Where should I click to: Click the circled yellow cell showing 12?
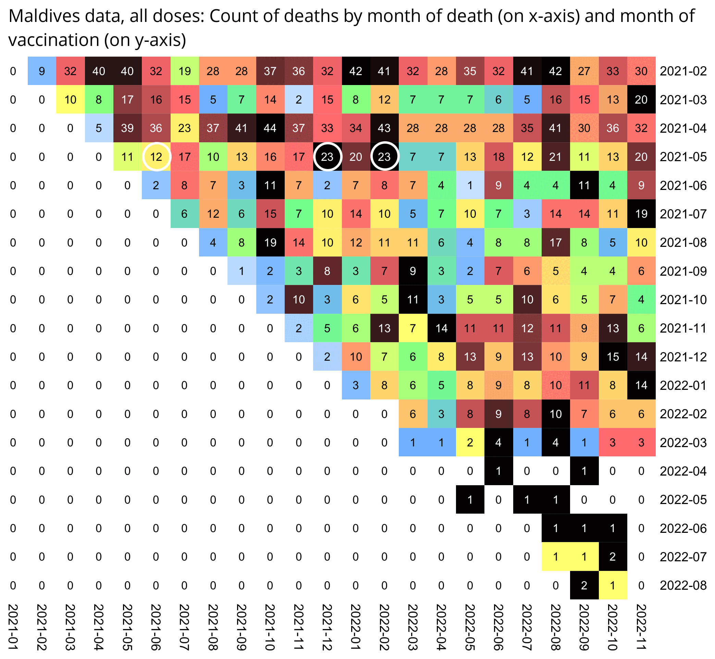[x=156, y=157]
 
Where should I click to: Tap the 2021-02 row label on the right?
[x=683, y=71]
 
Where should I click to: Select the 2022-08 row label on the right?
[x=683, y=585]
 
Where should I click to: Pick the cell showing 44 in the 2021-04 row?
[x=270, y=128]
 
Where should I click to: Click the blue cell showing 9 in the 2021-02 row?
[x=42, y=71]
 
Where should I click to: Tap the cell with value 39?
[x=127, y=128]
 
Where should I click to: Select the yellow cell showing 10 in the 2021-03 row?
[x=70, y=99]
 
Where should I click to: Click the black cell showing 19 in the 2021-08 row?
[x=270, y=242]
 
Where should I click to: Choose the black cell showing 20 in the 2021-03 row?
[x=641, y=99]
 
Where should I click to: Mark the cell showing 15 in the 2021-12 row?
[x=613, y=357]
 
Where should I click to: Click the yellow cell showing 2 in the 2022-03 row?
[x=470, y=443]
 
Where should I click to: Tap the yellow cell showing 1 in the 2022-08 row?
[x=613, y=585]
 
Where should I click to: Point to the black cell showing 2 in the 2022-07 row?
[x=613, y=557]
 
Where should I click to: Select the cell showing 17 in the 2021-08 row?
[x=555, y=242]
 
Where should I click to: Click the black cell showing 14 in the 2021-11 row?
[x=441, y=328]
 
